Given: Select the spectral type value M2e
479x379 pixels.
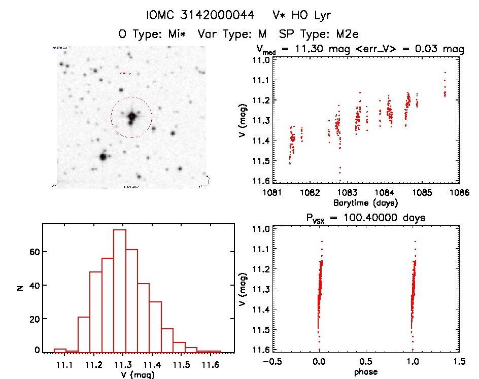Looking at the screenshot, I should tap(349, 35).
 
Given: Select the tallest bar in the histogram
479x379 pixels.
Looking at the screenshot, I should tap(120, 289).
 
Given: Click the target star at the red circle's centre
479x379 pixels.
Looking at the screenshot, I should tap(131, 117).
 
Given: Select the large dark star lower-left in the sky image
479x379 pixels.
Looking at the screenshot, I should tap(103, 156).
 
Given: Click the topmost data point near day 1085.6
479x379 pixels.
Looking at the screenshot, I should tap(445, 73).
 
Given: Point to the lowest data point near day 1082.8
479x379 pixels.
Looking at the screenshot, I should tap(339, 180).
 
